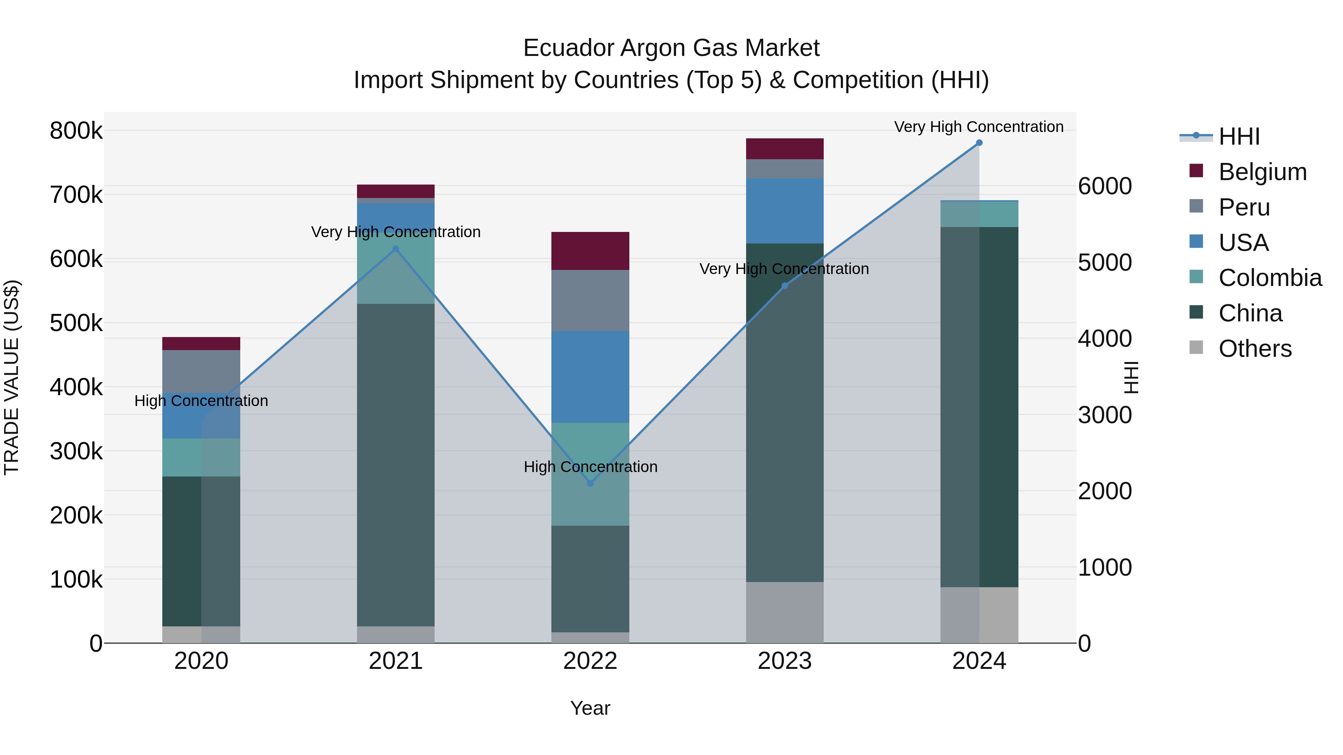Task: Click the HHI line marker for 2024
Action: pyautogui.click(x=979, y=143)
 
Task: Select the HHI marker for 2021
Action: pyautogui.click(x=396, y=249)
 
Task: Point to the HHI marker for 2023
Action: pyautogui.click(x=785, y=286)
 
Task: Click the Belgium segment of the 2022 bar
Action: pyautogui.click(x=590, y=251)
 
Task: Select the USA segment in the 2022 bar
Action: pyautogui.click(x=590, y=377)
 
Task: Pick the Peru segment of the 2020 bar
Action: pyautogui.click(x=201, y=371)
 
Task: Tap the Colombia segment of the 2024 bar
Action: pyautogui.click(x=979, y=214)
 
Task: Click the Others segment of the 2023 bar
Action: pyautogui.click(x=785, y=612)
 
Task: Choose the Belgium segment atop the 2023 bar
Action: pyautogui.click(x=785, y=148)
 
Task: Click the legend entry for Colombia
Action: pyautogui.click(x=1270, y=278)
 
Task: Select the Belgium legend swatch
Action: pyautogui.click(x=1196, y=171)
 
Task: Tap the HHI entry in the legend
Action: pyautogui.click(x=1239, y=136)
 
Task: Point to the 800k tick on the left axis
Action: pyautogui.click(x=76, y=131)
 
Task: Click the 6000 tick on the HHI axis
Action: pyautogui.click(x=1105, y=186)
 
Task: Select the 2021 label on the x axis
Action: pyautogui.click(x=396, y=661)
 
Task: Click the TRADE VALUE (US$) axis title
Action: pyautogui.click(x=12, y=377)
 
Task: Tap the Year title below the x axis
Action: pyautogui.click(x=590, y=708)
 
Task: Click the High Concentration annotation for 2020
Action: pyautogui.click(x=201, y=401)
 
